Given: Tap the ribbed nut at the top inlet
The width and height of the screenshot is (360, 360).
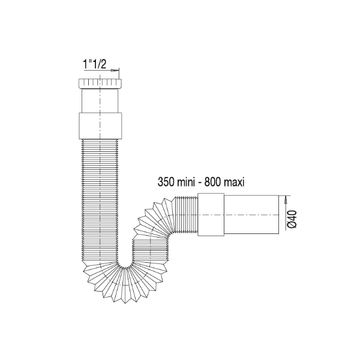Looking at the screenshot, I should [100, 83].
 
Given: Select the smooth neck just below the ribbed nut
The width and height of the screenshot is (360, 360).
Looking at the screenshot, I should [100, 99].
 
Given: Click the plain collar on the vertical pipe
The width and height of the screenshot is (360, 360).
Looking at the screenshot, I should [100, 124].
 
